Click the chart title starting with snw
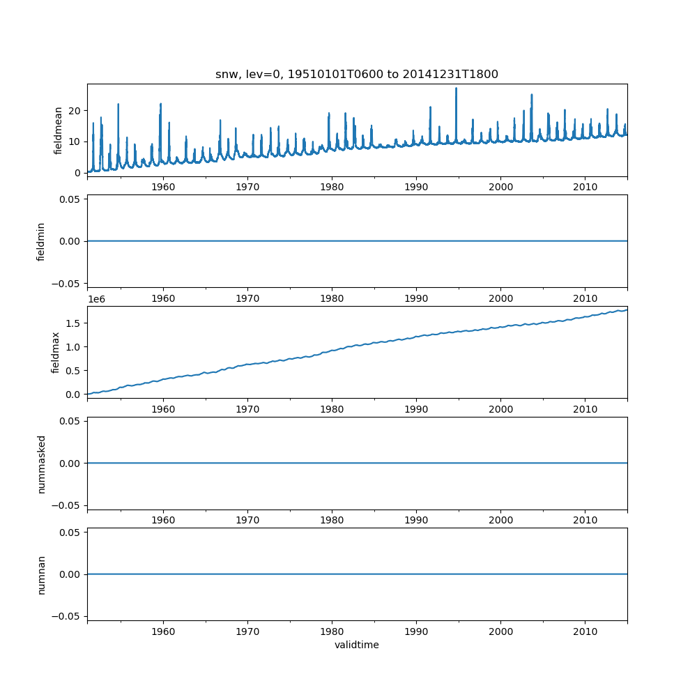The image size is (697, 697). click(x=357, y=75)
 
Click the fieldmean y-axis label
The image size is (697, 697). click(x=59, y=130)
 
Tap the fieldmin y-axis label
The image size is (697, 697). click(x=41, y=241)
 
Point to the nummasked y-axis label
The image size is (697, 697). click(x=41, y=463)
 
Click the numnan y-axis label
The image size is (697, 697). click(x=41, y=574)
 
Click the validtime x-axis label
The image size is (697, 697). click(x=357, y=645)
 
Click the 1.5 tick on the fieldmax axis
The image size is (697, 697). click(x=73, y=323)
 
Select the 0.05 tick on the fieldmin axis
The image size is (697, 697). click(x=70, y=199)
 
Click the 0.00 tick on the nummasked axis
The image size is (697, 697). click(x=70, y=463)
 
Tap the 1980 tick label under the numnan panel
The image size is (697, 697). click(x=332, y=631)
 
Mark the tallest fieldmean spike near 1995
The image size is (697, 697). click(x=456, y=89)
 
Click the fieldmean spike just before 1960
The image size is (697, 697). click(x=160, y=105)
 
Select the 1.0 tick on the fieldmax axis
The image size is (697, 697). click(x=73, y=346)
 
